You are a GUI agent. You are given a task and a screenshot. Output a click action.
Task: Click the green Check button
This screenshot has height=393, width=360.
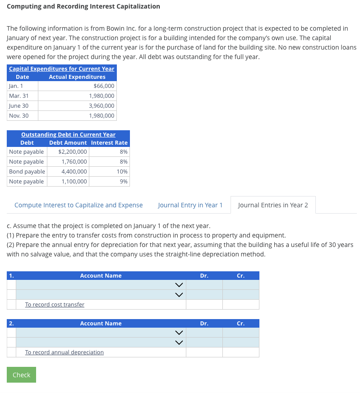point(21,375)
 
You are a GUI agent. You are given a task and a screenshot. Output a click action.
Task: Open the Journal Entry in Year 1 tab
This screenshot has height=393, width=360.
point(190,205)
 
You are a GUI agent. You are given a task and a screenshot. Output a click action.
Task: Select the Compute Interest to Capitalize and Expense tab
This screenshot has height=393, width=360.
point(78,205)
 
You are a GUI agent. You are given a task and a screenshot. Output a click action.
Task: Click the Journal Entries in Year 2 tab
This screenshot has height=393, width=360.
point(273,205)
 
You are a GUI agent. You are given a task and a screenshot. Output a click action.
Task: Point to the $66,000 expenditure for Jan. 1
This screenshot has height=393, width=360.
point(104,86)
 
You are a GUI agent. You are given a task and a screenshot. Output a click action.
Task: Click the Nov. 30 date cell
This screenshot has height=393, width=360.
point(18,116)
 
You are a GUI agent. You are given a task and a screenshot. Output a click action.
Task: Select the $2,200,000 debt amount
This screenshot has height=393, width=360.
point(73,152)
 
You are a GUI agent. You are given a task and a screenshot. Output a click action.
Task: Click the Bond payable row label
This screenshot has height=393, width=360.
point(27,172)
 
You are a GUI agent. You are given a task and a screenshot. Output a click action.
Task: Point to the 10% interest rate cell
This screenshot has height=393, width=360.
point(122,172)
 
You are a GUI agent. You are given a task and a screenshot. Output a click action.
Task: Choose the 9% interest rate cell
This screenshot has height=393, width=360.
point(124,182)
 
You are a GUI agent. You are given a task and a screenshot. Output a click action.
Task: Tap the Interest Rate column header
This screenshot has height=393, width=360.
point(109,143)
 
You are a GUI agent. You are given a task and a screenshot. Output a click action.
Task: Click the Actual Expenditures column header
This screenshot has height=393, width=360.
point(77,77)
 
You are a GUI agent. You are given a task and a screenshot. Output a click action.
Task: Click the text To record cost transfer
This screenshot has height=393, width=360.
point(55,305)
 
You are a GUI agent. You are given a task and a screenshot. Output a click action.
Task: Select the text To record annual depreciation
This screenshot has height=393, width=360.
point(64,352)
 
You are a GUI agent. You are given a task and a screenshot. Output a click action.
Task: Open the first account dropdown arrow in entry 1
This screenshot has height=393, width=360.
point(179,285)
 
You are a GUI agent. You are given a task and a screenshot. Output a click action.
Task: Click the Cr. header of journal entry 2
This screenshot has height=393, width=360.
point(240,324)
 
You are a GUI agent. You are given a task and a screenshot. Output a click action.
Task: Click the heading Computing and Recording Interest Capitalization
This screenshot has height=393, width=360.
point(83,6)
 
